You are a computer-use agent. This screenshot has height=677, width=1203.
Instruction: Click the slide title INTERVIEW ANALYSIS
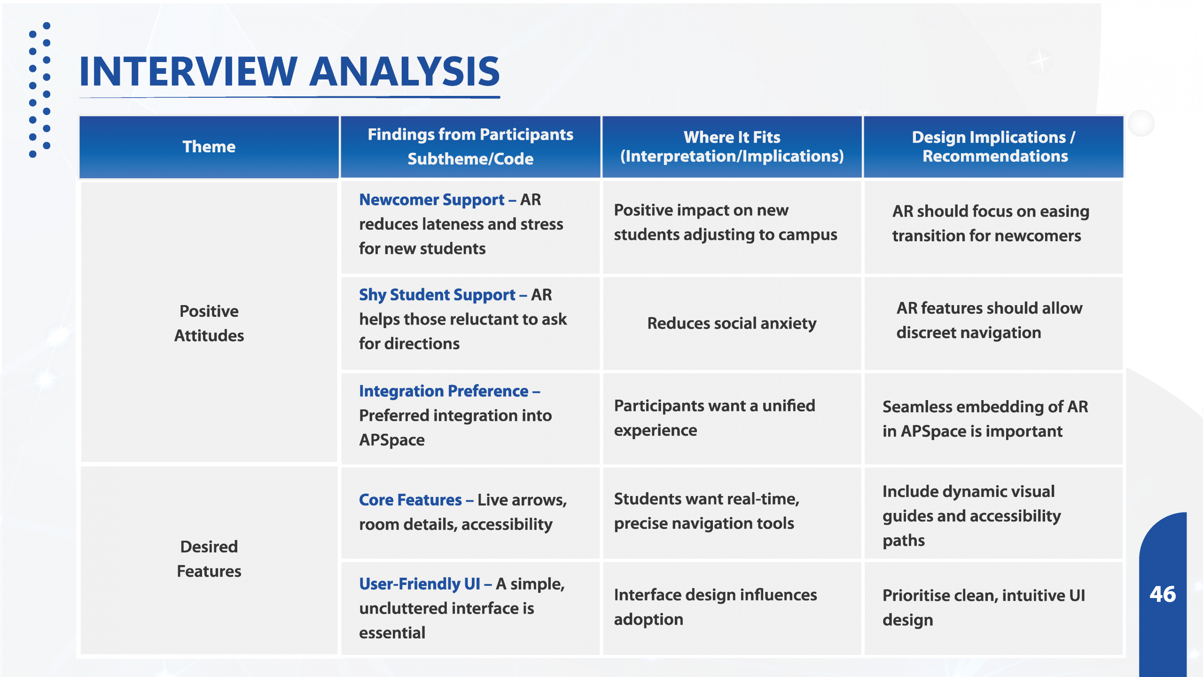289,71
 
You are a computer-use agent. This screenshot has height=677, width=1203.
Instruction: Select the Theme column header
209,147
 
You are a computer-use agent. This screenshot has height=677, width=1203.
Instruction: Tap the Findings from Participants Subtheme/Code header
470,147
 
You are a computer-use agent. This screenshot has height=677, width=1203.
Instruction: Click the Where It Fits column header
732,147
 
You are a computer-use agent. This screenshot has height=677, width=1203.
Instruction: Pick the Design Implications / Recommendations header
994,147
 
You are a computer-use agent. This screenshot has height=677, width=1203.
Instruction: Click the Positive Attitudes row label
209,323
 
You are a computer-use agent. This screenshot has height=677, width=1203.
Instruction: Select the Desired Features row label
209,559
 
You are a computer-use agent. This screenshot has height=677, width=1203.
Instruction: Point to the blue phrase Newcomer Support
432,200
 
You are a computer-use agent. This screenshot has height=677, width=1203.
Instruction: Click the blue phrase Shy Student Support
437,295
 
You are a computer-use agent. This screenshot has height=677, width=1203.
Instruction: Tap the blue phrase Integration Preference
444,391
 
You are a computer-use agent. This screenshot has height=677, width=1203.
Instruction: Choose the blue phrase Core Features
410,500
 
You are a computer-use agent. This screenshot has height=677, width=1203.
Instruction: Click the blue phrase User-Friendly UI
420,584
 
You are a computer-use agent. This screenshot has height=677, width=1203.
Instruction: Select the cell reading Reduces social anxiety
732,323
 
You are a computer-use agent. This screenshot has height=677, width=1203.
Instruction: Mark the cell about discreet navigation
989,320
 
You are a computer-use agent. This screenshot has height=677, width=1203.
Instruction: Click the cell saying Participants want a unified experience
714,418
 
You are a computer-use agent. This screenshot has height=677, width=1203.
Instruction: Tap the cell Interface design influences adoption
715,607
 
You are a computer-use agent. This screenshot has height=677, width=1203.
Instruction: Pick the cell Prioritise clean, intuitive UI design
984,607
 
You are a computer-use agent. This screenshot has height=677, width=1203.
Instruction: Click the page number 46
1163,594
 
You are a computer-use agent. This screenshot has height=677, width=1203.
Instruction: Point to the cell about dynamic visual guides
971,516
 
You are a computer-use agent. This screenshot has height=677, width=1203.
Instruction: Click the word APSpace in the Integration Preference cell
392,440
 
